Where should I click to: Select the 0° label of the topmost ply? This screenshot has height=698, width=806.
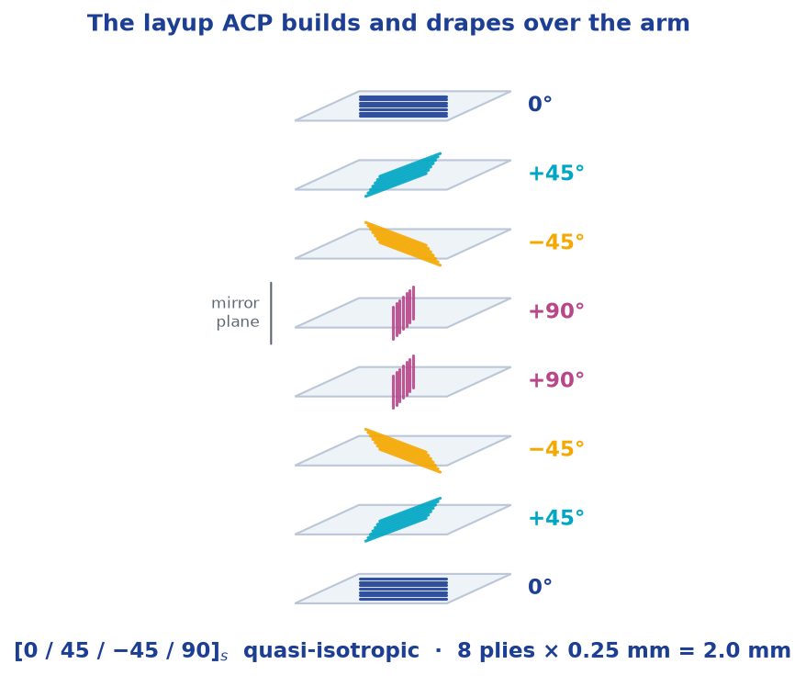[540, 104]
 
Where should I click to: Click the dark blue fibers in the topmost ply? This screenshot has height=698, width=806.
[404, 107]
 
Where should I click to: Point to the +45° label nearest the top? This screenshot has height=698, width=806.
[556, 174]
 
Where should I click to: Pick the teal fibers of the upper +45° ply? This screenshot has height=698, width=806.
[403, 174]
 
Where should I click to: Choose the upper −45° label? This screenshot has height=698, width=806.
[556, 242]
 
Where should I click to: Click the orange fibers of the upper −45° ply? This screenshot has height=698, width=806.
[403, 243]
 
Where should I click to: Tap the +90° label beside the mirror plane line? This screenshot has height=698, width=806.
[556, 311]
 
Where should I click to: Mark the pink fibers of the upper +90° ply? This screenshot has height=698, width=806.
[404, 313]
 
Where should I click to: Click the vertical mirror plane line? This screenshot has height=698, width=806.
[271, 313]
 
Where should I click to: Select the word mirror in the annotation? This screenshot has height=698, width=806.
[235, 303]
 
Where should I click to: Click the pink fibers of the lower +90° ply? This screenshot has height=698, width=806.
[404, 382]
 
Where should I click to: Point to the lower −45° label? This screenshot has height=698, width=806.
[556, 449]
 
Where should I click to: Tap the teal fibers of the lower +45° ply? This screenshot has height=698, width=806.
[403, 520]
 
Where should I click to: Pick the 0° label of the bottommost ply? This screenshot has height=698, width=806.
[540, 586]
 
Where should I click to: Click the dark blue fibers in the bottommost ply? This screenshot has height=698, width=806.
[404, 589]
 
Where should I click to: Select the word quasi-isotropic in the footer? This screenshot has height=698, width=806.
[331, 650]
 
